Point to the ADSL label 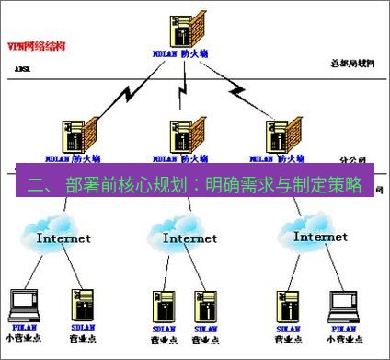pos(24,69)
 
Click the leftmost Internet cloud pos(63,235)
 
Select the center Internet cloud pos(189,235)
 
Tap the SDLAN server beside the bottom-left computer pos(79,304)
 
